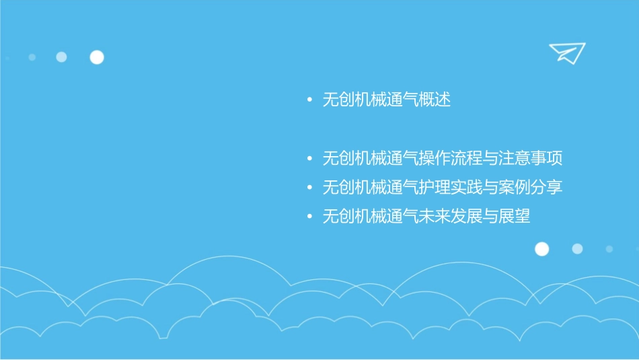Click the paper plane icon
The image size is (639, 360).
coord(567,52)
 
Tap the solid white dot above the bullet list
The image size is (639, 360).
coord(97,57)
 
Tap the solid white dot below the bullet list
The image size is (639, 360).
coord(542,249)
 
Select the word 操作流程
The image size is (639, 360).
coord(450,159)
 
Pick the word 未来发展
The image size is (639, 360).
coord(450,217)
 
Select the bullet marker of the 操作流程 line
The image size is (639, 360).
coord(309,159)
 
